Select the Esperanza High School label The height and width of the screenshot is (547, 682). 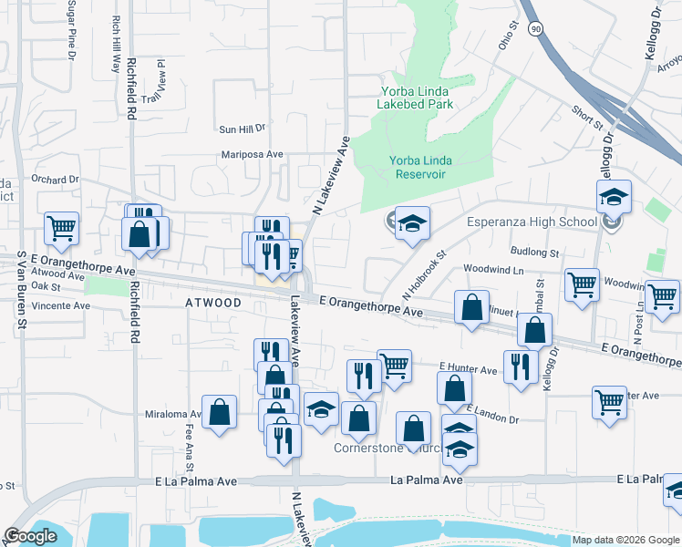coord(532,221)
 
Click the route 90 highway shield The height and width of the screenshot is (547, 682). coord(534,30)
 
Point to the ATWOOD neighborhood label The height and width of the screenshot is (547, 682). coord(214,302)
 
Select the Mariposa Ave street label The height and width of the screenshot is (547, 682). coord(248,155)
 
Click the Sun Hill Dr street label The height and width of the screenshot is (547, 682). coord(240,129)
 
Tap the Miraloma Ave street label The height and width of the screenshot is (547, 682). coord(172,414)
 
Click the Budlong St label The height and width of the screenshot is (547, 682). coord(534,251)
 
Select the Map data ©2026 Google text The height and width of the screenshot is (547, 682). coord(625,540)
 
